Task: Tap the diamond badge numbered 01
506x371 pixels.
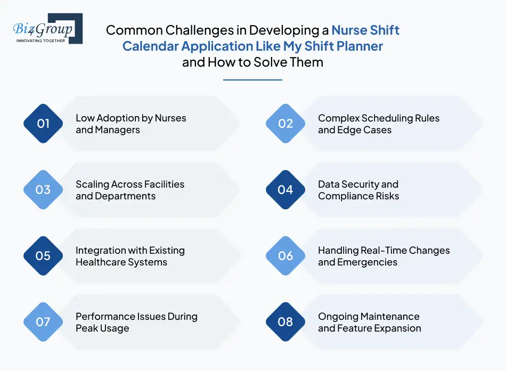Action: pyautogui.click(x=43, y=124)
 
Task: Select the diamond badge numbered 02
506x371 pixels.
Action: pyautogui.click(x=285, y=124)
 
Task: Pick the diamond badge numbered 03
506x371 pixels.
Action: pyautogui.click(x=43, y=190)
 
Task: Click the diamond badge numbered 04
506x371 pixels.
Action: pyautogui.click(x=285, y=190)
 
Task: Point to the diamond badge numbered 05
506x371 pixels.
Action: pyautogui.click(x=43, y=256)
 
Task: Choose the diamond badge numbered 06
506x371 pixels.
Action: pyautogui.click(x=285, y=256)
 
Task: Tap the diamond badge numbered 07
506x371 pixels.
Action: pyautogui.click(x=43, y=322)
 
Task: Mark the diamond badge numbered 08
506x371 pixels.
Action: pyautogui.click(x=285, y=322)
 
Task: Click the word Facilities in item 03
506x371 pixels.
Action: pyautogui.click(x=160, y=184)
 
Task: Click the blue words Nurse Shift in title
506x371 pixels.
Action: pyautogui.click(x=365, y=30)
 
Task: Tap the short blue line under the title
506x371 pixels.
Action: pyautogui.click(x=252, y=80)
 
